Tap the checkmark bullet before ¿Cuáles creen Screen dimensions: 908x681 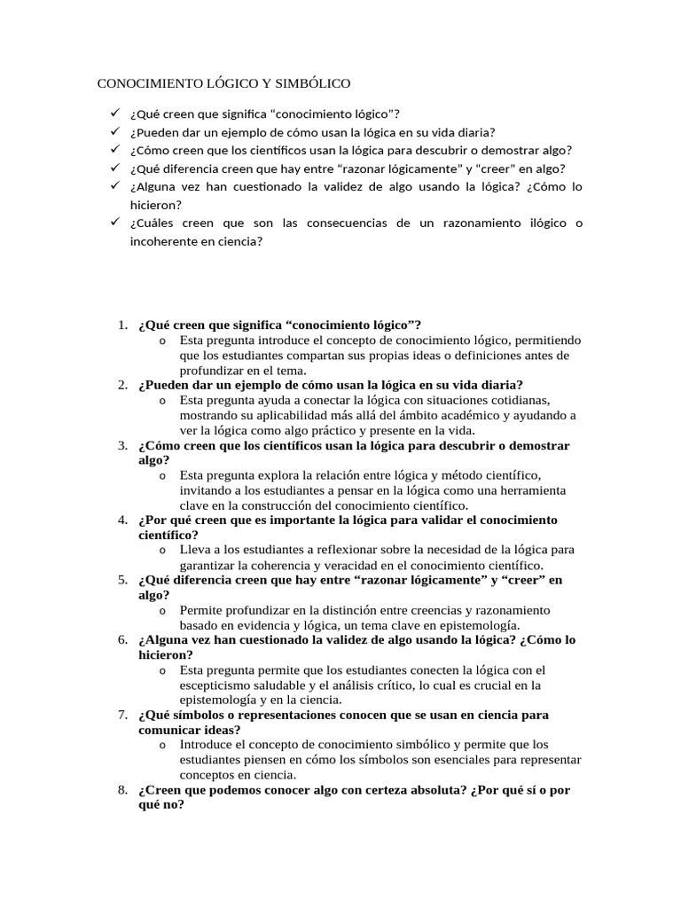(x=114, y=223)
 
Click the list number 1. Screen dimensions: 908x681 (x=122, y=325)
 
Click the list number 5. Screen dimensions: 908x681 (x=122, y=580)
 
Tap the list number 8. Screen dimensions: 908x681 (x=122, y=790)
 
